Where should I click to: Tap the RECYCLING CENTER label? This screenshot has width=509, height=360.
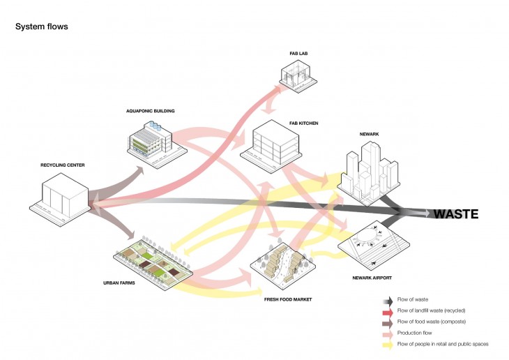pyautogui.click(x=62, y=165)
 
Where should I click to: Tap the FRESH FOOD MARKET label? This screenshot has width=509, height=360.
pyautogui.click(x=287, y=299)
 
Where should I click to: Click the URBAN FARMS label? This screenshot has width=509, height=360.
pyautogui.click(x=119, y=283)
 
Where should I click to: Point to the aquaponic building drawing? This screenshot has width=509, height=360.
pyautogui.click(x=150, y=137)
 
